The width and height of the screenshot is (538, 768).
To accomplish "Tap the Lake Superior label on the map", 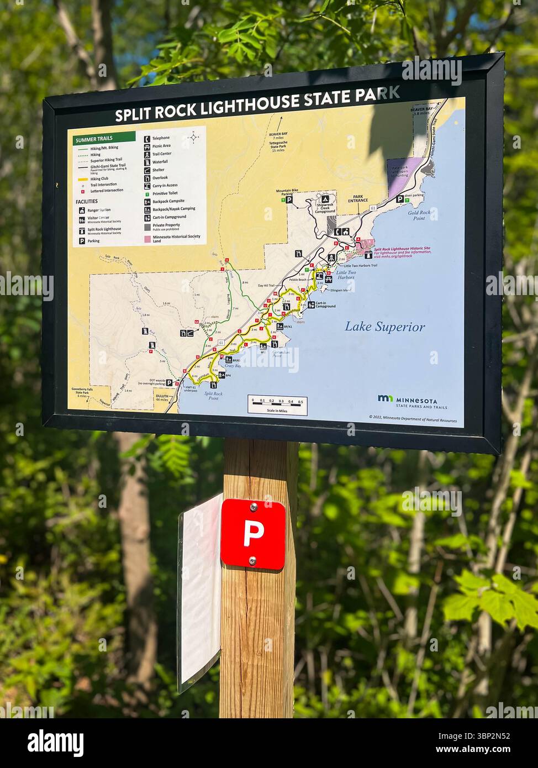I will (x=385, y=327).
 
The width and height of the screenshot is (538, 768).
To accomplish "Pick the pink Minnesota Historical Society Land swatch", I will (x=147, y=239).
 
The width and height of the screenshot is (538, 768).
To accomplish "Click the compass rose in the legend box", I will (x=194, y=136).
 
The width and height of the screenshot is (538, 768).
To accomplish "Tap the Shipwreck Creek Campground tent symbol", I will (x=325, y=199).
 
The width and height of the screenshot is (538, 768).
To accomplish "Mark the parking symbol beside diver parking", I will (x=399, y=198).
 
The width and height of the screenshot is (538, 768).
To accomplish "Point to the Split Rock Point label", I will (x=213, y=396).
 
